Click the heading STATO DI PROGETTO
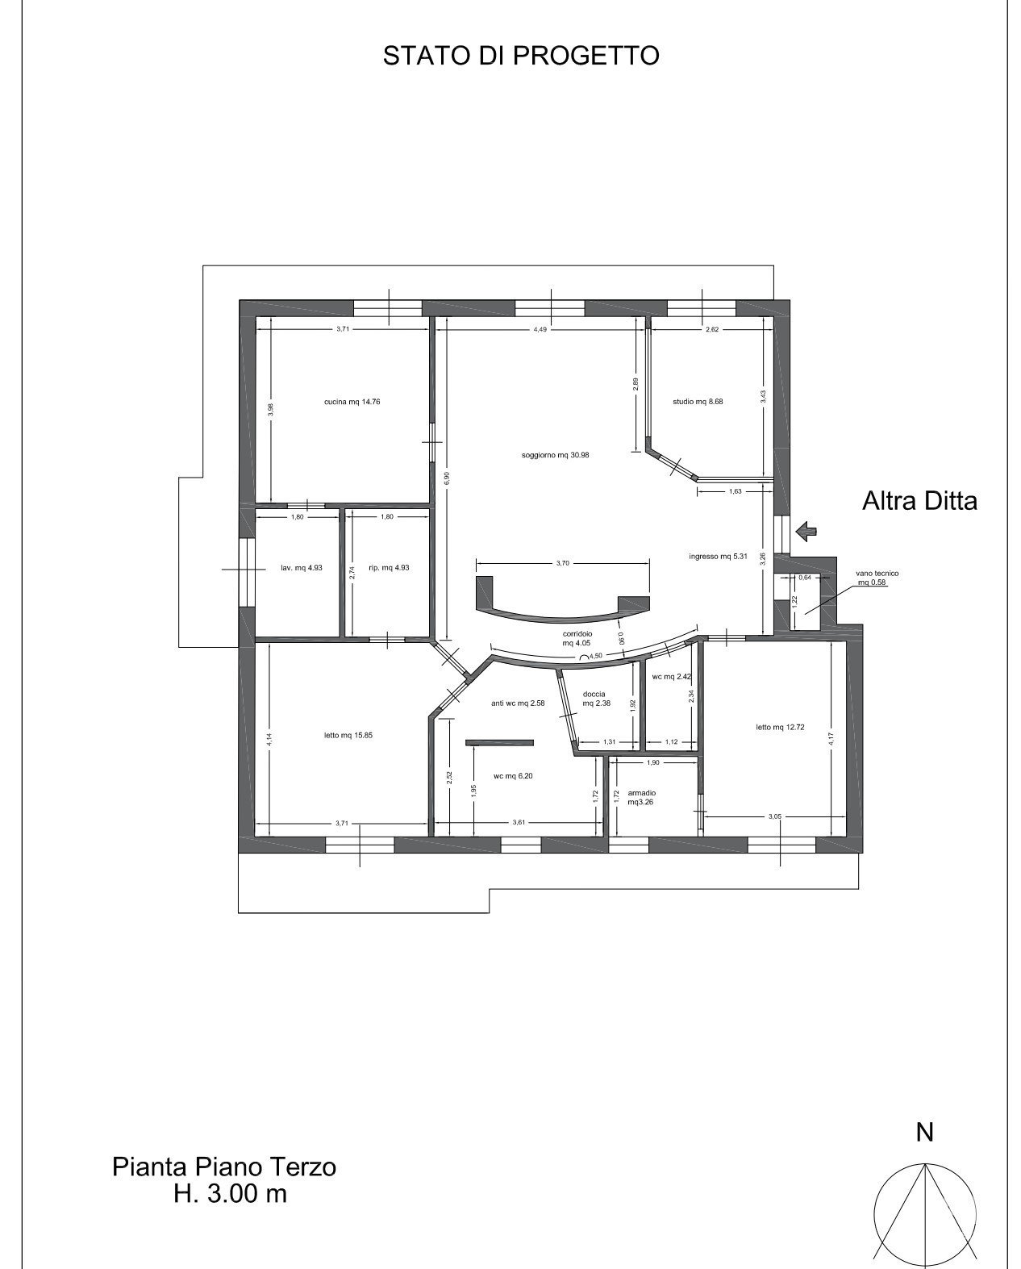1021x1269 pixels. [x=520, y=56]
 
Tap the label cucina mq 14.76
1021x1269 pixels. [x=352, y=402]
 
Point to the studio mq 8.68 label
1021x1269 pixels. [x=698, y=402]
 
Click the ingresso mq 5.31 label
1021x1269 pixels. [x=718, y=556]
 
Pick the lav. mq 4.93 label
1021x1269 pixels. [x=302, y=568]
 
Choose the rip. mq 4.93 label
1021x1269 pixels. [x=389, y=568]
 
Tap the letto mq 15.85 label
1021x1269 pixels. [x=348, y=735]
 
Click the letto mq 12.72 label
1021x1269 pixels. [x=780, y=727]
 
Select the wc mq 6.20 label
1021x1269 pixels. [x=513, y=776]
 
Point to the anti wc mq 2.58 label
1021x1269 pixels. [x=518, y=703]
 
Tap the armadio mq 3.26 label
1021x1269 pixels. [x=641, y=797]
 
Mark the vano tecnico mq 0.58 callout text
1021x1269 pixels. [x=877, y=578]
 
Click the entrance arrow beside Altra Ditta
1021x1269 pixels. [x=806, y=532]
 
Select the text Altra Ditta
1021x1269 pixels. [x=919, y=501]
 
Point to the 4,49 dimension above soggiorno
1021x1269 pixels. [x=540, y=330]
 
